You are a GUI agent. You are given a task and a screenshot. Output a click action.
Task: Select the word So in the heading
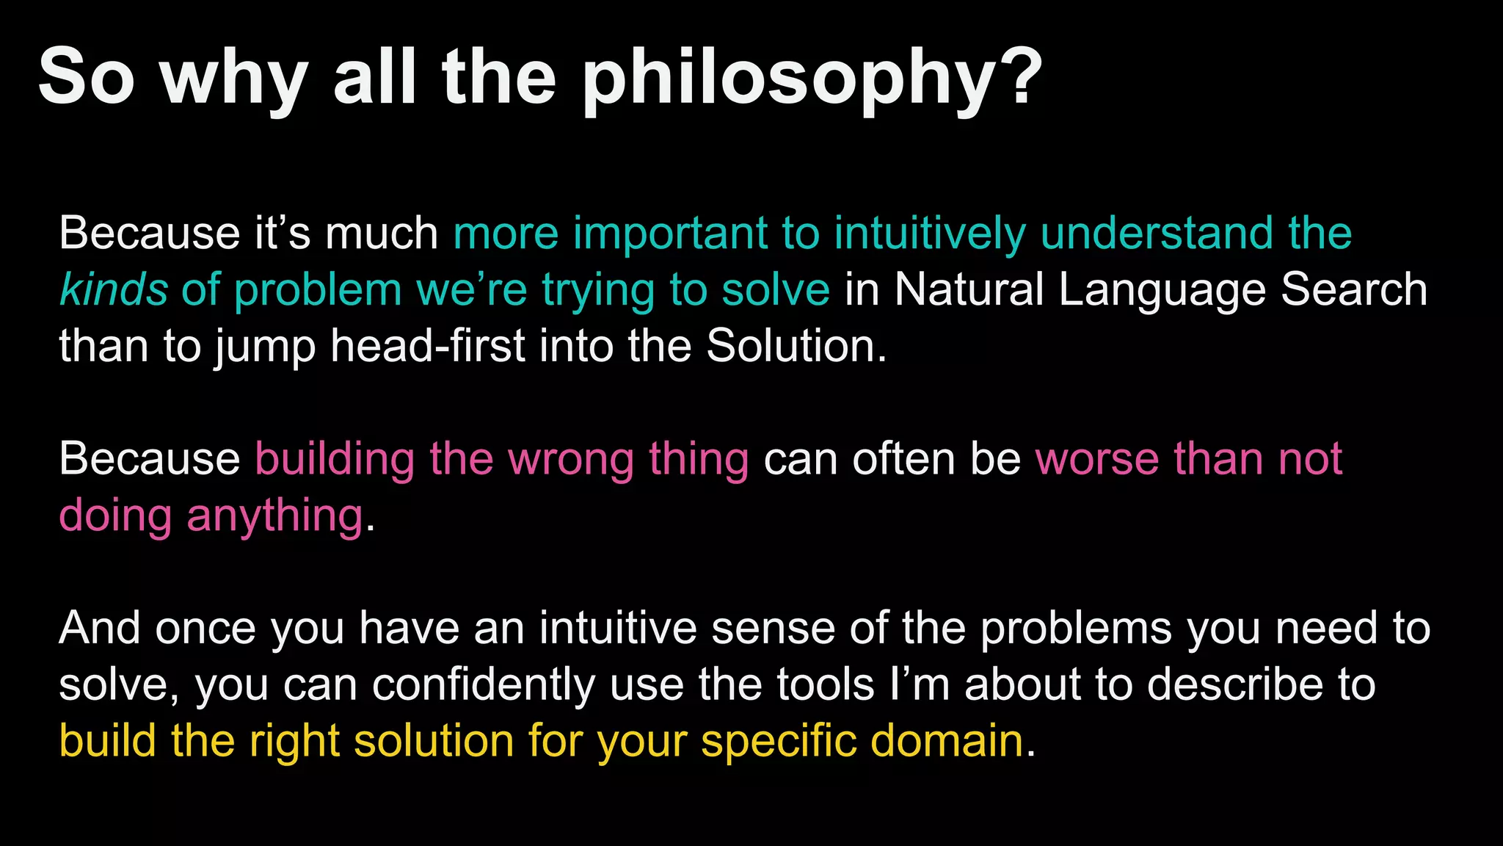(x=86, y=77)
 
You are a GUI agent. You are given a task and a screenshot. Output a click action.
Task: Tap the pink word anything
(x=274, y=516)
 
